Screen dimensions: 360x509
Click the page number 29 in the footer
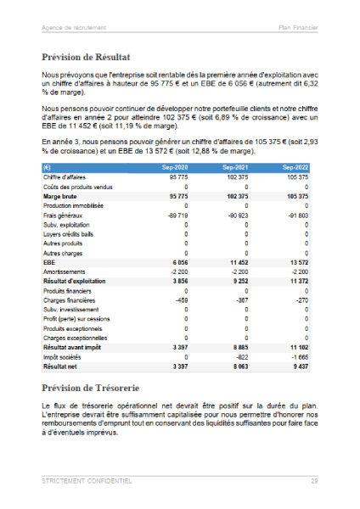(313, 480)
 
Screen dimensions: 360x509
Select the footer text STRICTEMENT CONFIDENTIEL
(87, 480)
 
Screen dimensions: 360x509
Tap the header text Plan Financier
(298, 27)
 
